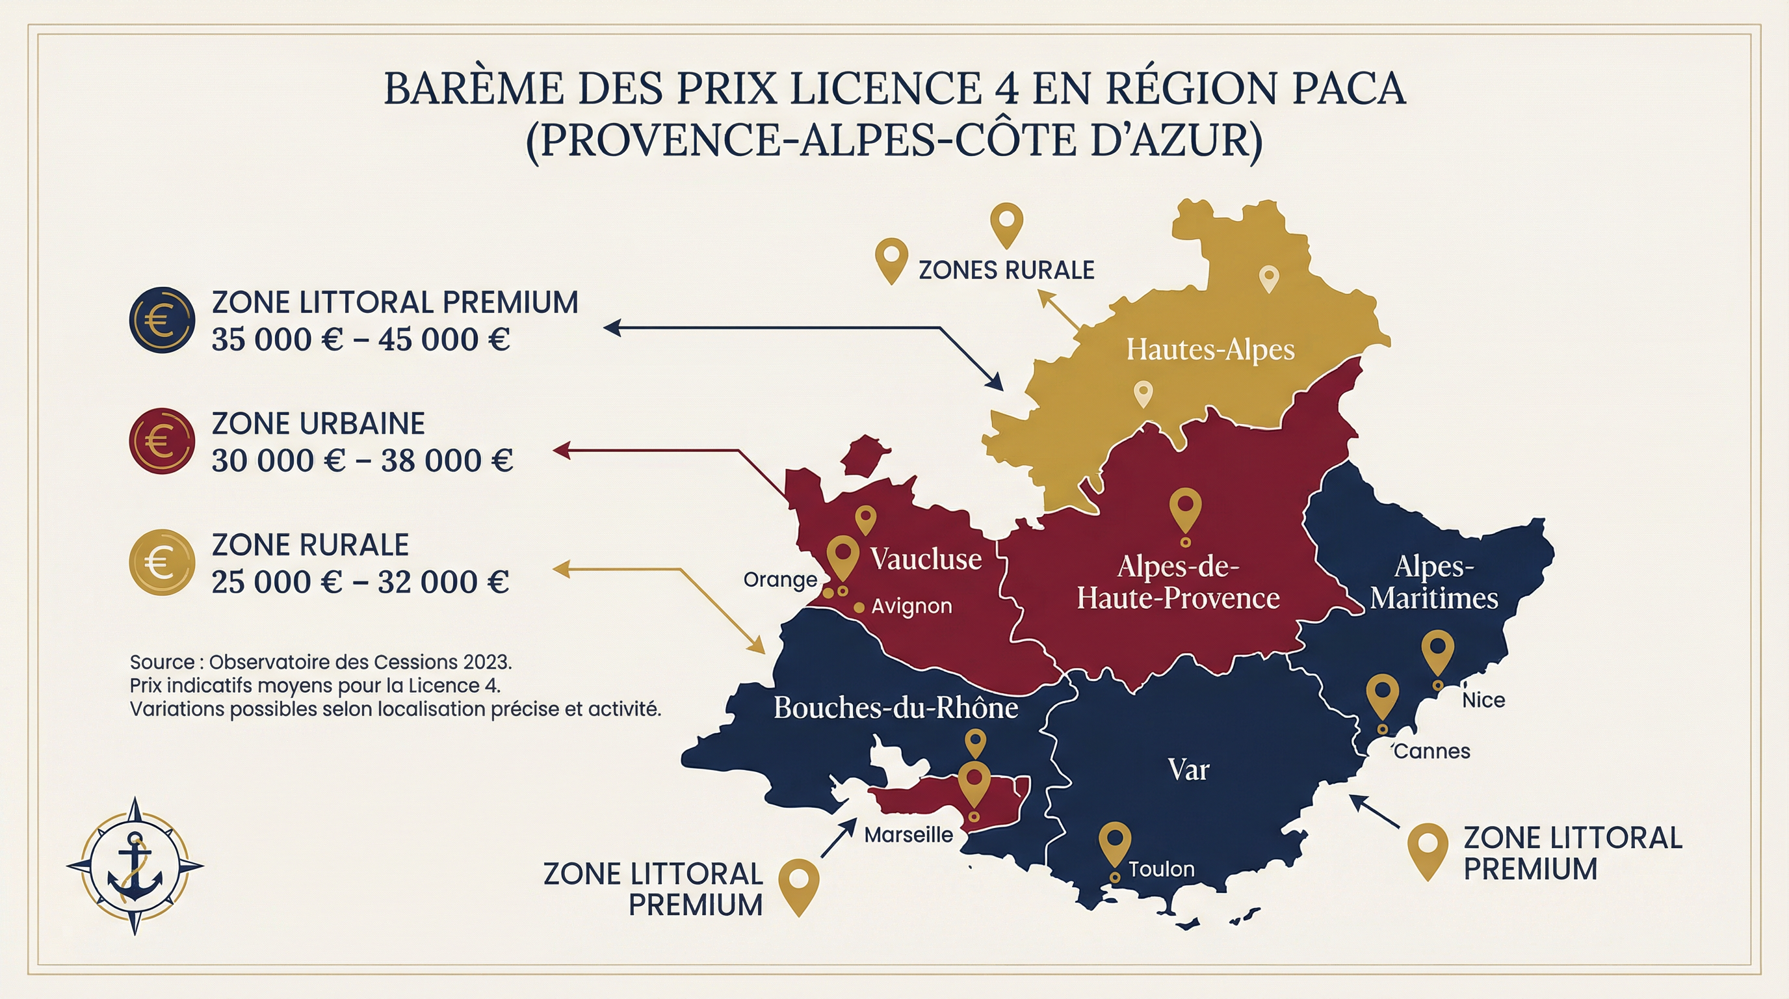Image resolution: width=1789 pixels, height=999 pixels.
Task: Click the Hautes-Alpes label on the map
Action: [1210, 349]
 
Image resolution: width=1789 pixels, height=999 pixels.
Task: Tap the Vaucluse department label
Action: [926, 559]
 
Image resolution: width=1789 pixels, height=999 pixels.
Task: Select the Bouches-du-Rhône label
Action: [896, 708]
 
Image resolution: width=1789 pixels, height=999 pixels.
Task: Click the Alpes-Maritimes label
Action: [1434, 582]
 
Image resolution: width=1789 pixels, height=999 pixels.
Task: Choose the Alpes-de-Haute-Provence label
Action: [1178, 582]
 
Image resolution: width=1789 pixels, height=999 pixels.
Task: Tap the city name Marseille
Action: [908, 834]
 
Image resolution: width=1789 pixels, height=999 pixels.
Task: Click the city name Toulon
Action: [1161, 869]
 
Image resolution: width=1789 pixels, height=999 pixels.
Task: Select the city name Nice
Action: [1483, 700]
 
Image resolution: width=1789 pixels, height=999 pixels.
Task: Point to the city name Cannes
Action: [1432, 751]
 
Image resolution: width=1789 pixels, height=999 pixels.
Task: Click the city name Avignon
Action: [911, 606]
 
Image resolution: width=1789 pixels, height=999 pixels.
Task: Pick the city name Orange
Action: [780, 579]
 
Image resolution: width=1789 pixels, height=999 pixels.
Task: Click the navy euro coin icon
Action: [162, 320]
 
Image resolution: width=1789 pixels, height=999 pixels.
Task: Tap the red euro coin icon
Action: [162, 441]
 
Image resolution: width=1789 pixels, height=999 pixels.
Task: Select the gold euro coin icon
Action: [162, 563]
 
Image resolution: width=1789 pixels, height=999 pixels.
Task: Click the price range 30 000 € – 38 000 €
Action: [362, 460]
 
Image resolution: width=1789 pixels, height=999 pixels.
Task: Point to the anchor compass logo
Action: [135, 866]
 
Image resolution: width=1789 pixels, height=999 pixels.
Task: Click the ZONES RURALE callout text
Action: [1006, 271]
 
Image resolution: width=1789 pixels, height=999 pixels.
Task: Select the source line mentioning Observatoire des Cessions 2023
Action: [321, 661]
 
